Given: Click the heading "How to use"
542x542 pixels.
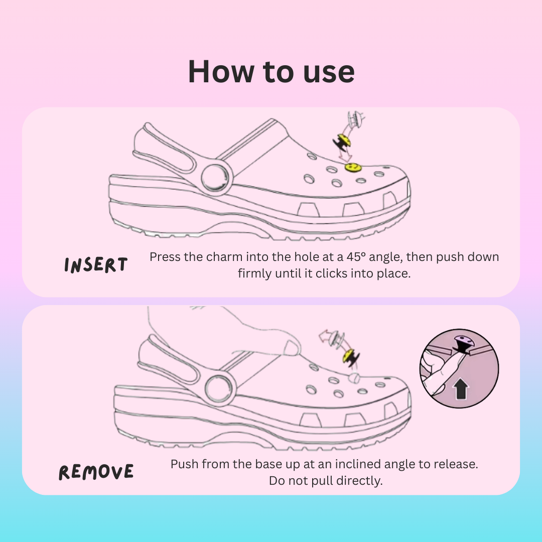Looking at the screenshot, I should click(x=271, y=71).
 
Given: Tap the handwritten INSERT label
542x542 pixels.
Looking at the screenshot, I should click(x=96, y=265).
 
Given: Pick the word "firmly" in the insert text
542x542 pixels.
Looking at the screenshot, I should click(x=255, y=275).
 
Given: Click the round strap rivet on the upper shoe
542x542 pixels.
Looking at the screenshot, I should click(x=216, y=178).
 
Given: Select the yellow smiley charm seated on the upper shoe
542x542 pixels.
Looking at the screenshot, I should click(x=352, y=167).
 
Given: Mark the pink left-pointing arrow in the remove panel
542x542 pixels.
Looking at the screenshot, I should click(x=328, y=337).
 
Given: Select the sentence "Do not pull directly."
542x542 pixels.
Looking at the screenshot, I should click(x=325, y=480).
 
